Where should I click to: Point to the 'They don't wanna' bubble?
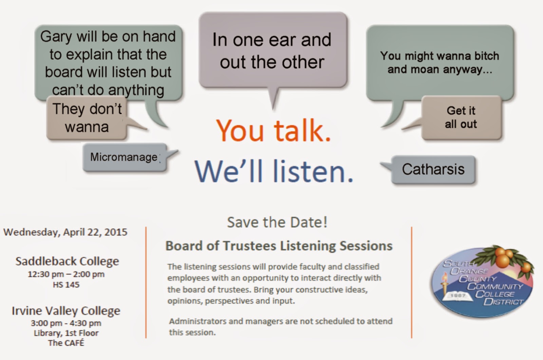(87, 118)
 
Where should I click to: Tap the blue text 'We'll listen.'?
(274, 171)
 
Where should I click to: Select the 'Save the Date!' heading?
(277, 222)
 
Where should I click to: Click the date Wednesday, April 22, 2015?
(65, 232)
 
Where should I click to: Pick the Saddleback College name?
(67, 261)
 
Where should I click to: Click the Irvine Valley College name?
(66, 311)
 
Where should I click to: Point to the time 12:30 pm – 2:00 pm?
(66, 274)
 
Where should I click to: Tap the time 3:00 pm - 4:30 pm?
(66, 323)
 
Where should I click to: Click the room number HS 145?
(66, 285)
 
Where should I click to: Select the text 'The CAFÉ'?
(66, 343)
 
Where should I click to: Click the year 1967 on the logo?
(458, 295)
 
